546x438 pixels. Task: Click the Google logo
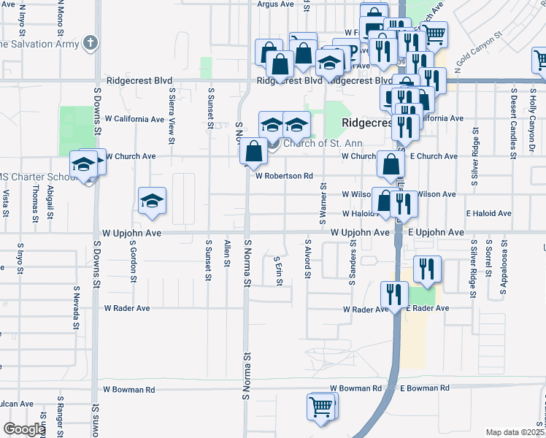click(x=24, y=429)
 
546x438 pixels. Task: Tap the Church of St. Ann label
click(x=309, y=143)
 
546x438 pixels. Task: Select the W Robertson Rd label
click(x=284, y=176)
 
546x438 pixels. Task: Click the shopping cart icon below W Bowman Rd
click(x=321, y=407)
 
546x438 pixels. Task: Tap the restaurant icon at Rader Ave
click(x=394, y=295)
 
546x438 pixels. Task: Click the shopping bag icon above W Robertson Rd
click(x=253, y=151)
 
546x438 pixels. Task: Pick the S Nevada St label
click(x=76, y=308)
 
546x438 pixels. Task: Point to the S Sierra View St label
click(x=172, y=110)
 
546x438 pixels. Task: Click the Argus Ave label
click(x=275, y=4)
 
